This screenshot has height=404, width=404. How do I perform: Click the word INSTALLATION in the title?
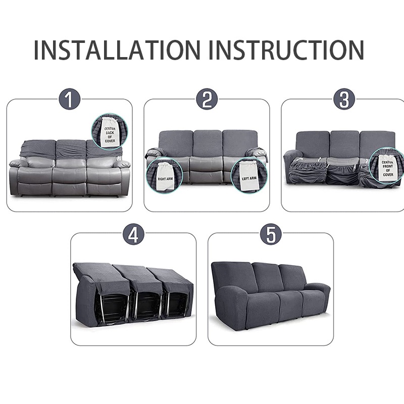117,49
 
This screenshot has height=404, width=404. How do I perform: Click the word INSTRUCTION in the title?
286,49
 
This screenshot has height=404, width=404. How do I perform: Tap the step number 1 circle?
69,99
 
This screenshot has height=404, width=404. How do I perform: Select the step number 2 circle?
207,99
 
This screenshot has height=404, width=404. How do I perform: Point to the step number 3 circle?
344,99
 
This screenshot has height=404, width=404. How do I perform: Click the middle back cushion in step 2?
208,143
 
